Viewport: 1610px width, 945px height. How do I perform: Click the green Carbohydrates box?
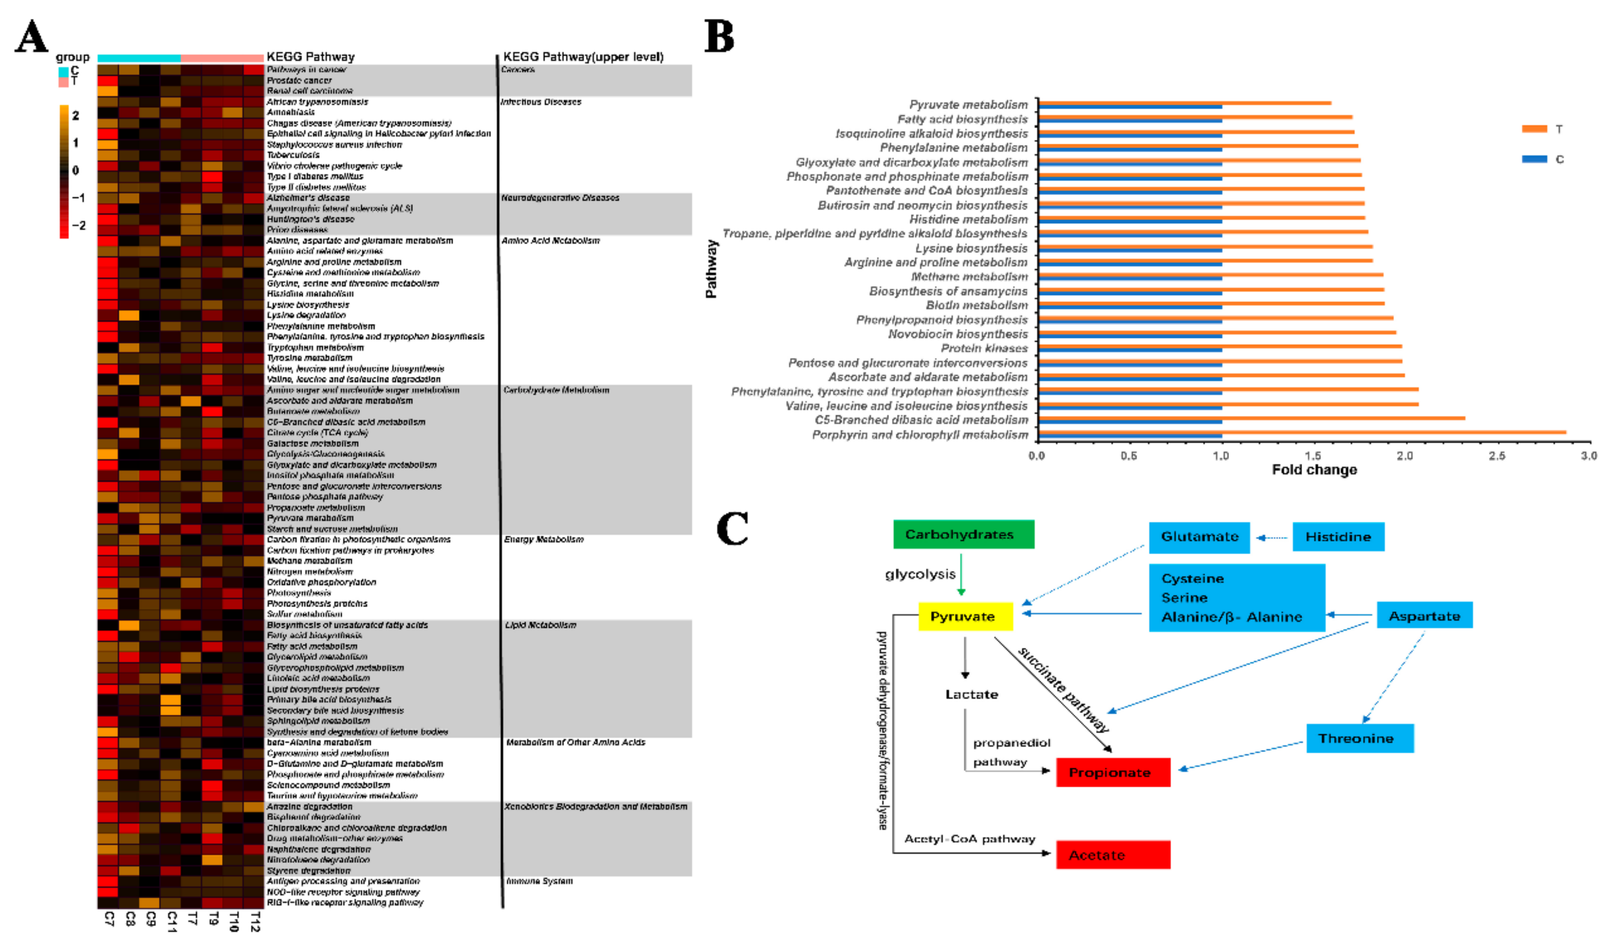pos(963,534)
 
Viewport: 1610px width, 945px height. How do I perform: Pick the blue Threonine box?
pos(1359,738)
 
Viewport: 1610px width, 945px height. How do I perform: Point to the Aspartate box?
pos(1424,616)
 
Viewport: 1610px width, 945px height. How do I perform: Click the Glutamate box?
pos(1199,537)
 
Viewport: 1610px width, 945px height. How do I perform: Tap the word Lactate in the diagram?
pos(971,694)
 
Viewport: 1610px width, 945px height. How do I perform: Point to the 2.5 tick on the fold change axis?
pos(1497,456)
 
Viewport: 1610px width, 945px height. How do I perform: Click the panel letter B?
pos(719,37)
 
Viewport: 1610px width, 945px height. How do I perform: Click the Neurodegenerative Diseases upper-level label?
pos(560,198)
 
